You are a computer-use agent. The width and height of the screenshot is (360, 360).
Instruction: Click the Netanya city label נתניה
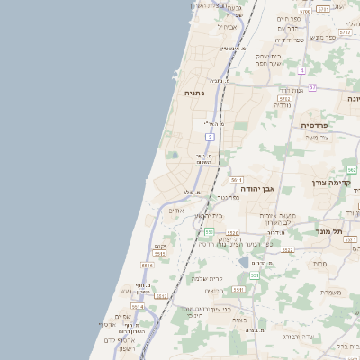(194, 94)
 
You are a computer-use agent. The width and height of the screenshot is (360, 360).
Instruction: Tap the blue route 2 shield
(210, 137)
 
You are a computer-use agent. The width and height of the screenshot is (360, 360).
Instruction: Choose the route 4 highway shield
(302, 69)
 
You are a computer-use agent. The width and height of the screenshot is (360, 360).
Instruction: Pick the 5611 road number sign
(237, 180)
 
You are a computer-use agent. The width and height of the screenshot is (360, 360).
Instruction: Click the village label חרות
(320, 264)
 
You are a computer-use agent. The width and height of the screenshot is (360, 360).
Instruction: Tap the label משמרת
(330, 292)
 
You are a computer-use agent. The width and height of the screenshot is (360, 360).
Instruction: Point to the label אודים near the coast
(176, 211)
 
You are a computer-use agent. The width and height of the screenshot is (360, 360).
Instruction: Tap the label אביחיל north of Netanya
(228, 27)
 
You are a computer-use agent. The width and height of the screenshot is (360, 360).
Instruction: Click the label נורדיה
(282, 105)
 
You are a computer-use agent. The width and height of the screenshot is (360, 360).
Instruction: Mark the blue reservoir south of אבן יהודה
(244, 261)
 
